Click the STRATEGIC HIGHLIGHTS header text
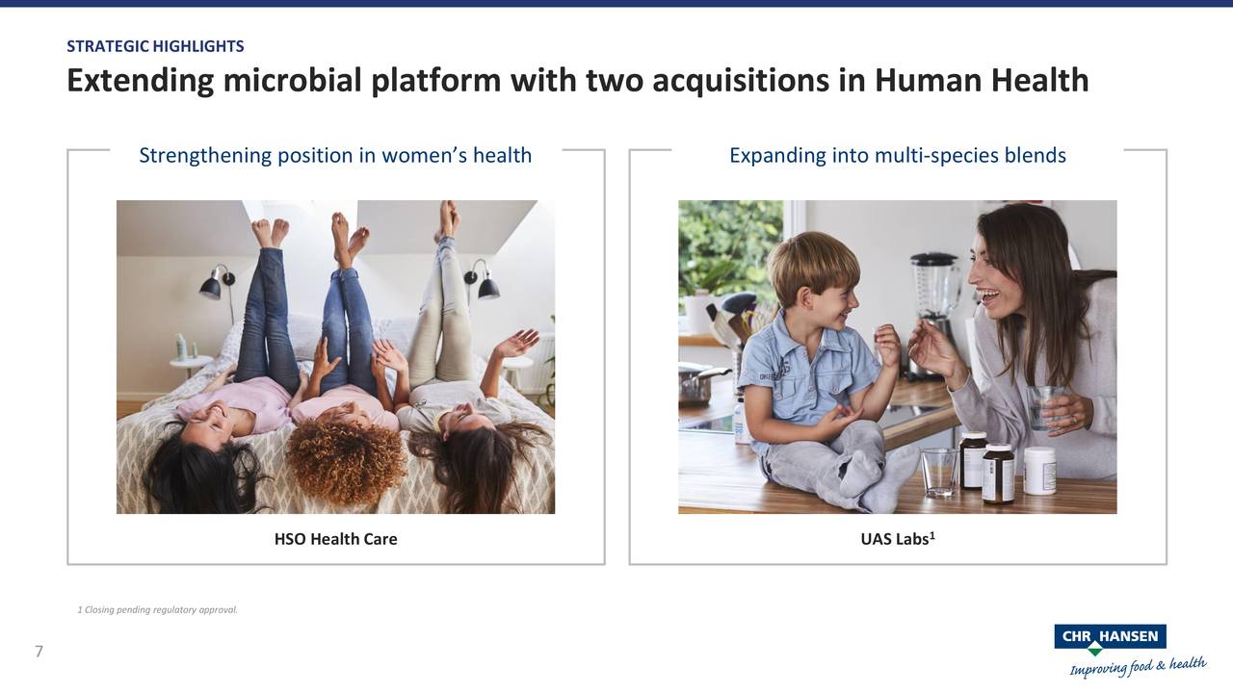point(155,46)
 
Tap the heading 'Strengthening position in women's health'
point(335,155)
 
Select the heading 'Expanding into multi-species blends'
point(897,155)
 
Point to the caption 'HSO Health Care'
point(335,539)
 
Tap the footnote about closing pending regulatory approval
point(157,609)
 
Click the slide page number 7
point(39,653)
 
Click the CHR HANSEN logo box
point(1110,637)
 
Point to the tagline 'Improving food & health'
point(1137,666)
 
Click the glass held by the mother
point(1043,406)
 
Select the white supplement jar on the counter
point(1039,471)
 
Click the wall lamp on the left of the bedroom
point(214,284)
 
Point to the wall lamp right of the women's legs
point(484,283)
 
